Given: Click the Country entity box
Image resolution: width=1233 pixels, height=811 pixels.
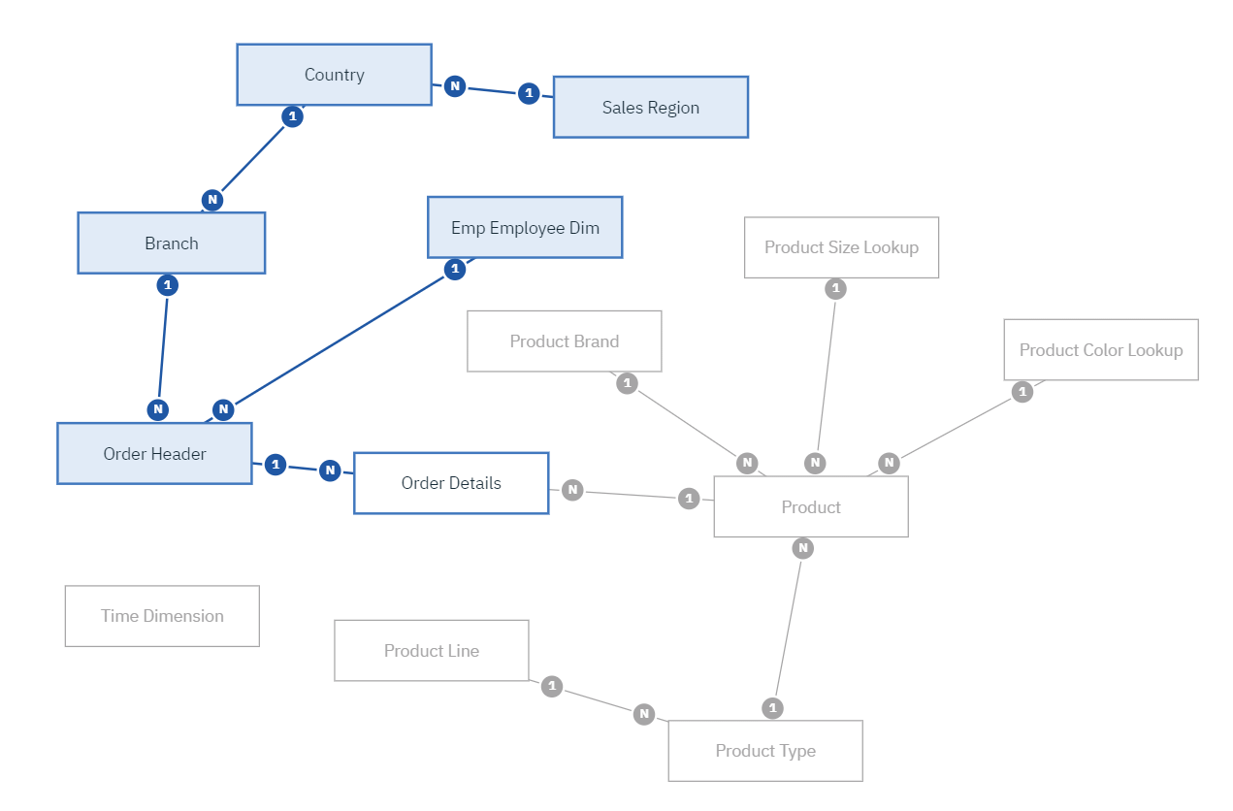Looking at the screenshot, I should tap(334, 75).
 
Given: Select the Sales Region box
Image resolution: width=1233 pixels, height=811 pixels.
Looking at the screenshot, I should tap(650, 108).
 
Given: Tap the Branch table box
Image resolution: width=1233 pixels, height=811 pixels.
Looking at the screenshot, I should tap(171, 243).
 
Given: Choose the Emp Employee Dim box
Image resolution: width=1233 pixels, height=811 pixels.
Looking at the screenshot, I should tap(525, 228).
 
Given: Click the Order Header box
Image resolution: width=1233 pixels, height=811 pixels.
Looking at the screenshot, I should tap(154, 454).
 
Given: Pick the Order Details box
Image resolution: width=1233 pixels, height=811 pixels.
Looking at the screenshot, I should tap(451, 483).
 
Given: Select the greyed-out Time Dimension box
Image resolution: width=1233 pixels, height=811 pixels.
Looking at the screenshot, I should tap(162, 616).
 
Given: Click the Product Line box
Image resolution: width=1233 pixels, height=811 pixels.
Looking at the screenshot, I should tap(432, 651).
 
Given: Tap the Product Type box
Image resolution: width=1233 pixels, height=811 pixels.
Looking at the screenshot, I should tap(765, 751).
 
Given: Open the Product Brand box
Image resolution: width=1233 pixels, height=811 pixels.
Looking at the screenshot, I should tap(564, 341).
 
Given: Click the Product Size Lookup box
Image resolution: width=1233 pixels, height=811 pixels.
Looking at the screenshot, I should tap(841, 247).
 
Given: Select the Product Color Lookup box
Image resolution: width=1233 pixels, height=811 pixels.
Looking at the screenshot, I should tap(1101, 350).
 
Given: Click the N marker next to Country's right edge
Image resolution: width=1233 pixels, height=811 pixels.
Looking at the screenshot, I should tap(454, 86).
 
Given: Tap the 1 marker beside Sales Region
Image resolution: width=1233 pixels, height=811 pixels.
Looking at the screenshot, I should tap(528, 93).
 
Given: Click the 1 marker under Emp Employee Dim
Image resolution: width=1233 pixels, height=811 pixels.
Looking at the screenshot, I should tap(454, 269).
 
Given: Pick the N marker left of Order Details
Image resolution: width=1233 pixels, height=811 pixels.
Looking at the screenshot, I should tap(330, 470).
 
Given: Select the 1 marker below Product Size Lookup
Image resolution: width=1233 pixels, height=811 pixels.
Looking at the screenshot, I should tap(835, 288).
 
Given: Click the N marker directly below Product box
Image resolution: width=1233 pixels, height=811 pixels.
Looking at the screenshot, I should tap(802, 548).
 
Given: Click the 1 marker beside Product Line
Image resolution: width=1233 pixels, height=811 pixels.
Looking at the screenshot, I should tap(552, 686).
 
